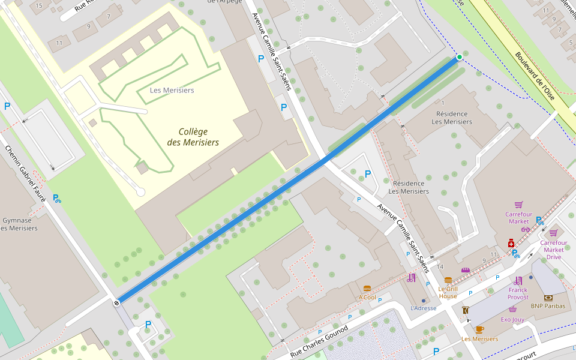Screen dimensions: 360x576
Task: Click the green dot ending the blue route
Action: pyautogui.click(x=460, y=57)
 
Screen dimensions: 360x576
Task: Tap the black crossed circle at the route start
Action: pyautogui.click(x=116, y=302)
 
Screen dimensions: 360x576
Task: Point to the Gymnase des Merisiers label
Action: pyautogui.click(x=19, y=224)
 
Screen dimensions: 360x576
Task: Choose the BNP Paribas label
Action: pyautogui.click(x=548, y=306)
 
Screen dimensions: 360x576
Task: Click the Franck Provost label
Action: pyautogui.click(x=518, y=293)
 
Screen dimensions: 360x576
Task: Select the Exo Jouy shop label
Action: pyautogui.click(x=512, y=319)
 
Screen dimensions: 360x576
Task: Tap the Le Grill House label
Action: pyautogui.click(x=448, y=292)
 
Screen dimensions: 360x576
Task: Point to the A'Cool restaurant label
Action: pyautogui.click(x=367, y=297)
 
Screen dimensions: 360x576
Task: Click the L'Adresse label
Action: pyautogui.click(x=423, y=308)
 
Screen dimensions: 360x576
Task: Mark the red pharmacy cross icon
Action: pyautogui.click(x=511, y=243)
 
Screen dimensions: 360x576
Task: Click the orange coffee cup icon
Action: pyautogui.click(x=479, y=329)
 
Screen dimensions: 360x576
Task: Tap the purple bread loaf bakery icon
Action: pyautogui.click(x=465, y=270)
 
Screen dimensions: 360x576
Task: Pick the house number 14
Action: pyautogui.click(x=440, y=266)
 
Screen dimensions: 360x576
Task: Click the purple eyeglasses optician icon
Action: pyautogui.click(x=526, y=229)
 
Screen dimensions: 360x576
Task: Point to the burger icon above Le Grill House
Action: pyautogui.click(x=448, y=280)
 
